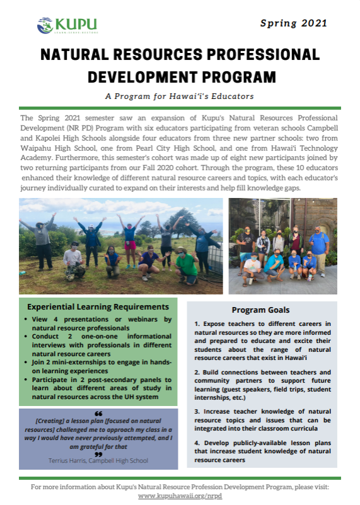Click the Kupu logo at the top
point(67,25)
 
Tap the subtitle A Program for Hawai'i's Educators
point(179,96)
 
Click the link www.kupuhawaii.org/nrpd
point(180,496)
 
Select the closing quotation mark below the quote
point(98,453)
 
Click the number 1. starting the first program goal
point(197,323)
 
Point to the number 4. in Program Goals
point(197,443)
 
